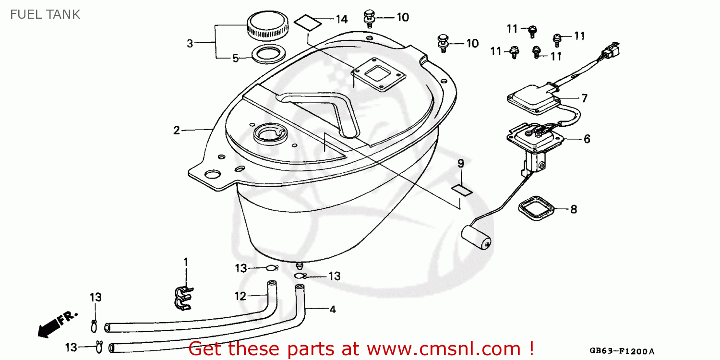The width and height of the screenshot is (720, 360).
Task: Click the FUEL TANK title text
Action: click(45, 14)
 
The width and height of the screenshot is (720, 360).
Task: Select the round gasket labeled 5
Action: click(269, 54)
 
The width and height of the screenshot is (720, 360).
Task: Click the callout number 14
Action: click(342, 19)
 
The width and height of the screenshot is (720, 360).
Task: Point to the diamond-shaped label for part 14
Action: click(308, 23)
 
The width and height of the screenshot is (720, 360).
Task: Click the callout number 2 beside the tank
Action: click(177, 130)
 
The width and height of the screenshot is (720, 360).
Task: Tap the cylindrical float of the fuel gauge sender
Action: click(476, 237)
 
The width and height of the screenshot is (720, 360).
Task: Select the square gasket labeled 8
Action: click(536, 208)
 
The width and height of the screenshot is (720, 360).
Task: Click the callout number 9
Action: click(461, 164)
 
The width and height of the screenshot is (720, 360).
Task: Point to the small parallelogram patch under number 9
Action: click(462, 190)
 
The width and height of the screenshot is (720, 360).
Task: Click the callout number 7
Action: click(584, 98)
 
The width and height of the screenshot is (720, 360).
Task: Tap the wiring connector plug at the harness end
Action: click(611, 50)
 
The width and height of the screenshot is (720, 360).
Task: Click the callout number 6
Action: click(587, 139)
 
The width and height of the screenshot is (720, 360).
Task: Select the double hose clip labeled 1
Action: click(184, 298)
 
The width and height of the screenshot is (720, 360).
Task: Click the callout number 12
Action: click(240, 296)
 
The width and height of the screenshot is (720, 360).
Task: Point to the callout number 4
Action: click(333, 310)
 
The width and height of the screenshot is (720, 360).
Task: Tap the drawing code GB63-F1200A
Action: click(622, 351)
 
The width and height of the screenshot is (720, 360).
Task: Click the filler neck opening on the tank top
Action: click(270, 134)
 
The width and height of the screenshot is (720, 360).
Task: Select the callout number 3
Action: click(190, 43)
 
